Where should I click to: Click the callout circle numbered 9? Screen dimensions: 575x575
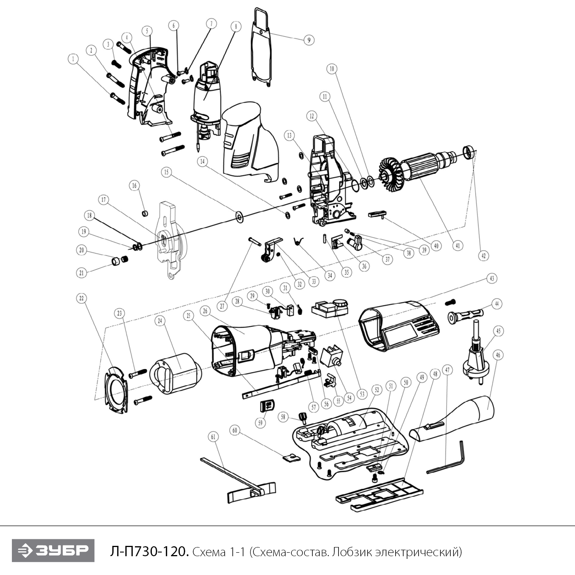[309, 39]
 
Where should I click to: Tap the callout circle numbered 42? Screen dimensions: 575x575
[484, 255]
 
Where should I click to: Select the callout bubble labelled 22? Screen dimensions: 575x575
[81, 298]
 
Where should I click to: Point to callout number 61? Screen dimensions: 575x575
[214, 437]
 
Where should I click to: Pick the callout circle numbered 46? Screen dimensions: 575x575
[498, 355]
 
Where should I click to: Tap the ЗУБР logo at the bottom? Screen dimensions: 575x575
[53, 550]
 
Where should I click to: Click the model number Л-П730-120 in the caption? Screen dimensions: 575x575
[149, 552]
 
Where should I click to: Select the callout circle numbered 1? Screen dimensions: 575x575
[73, 59]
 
